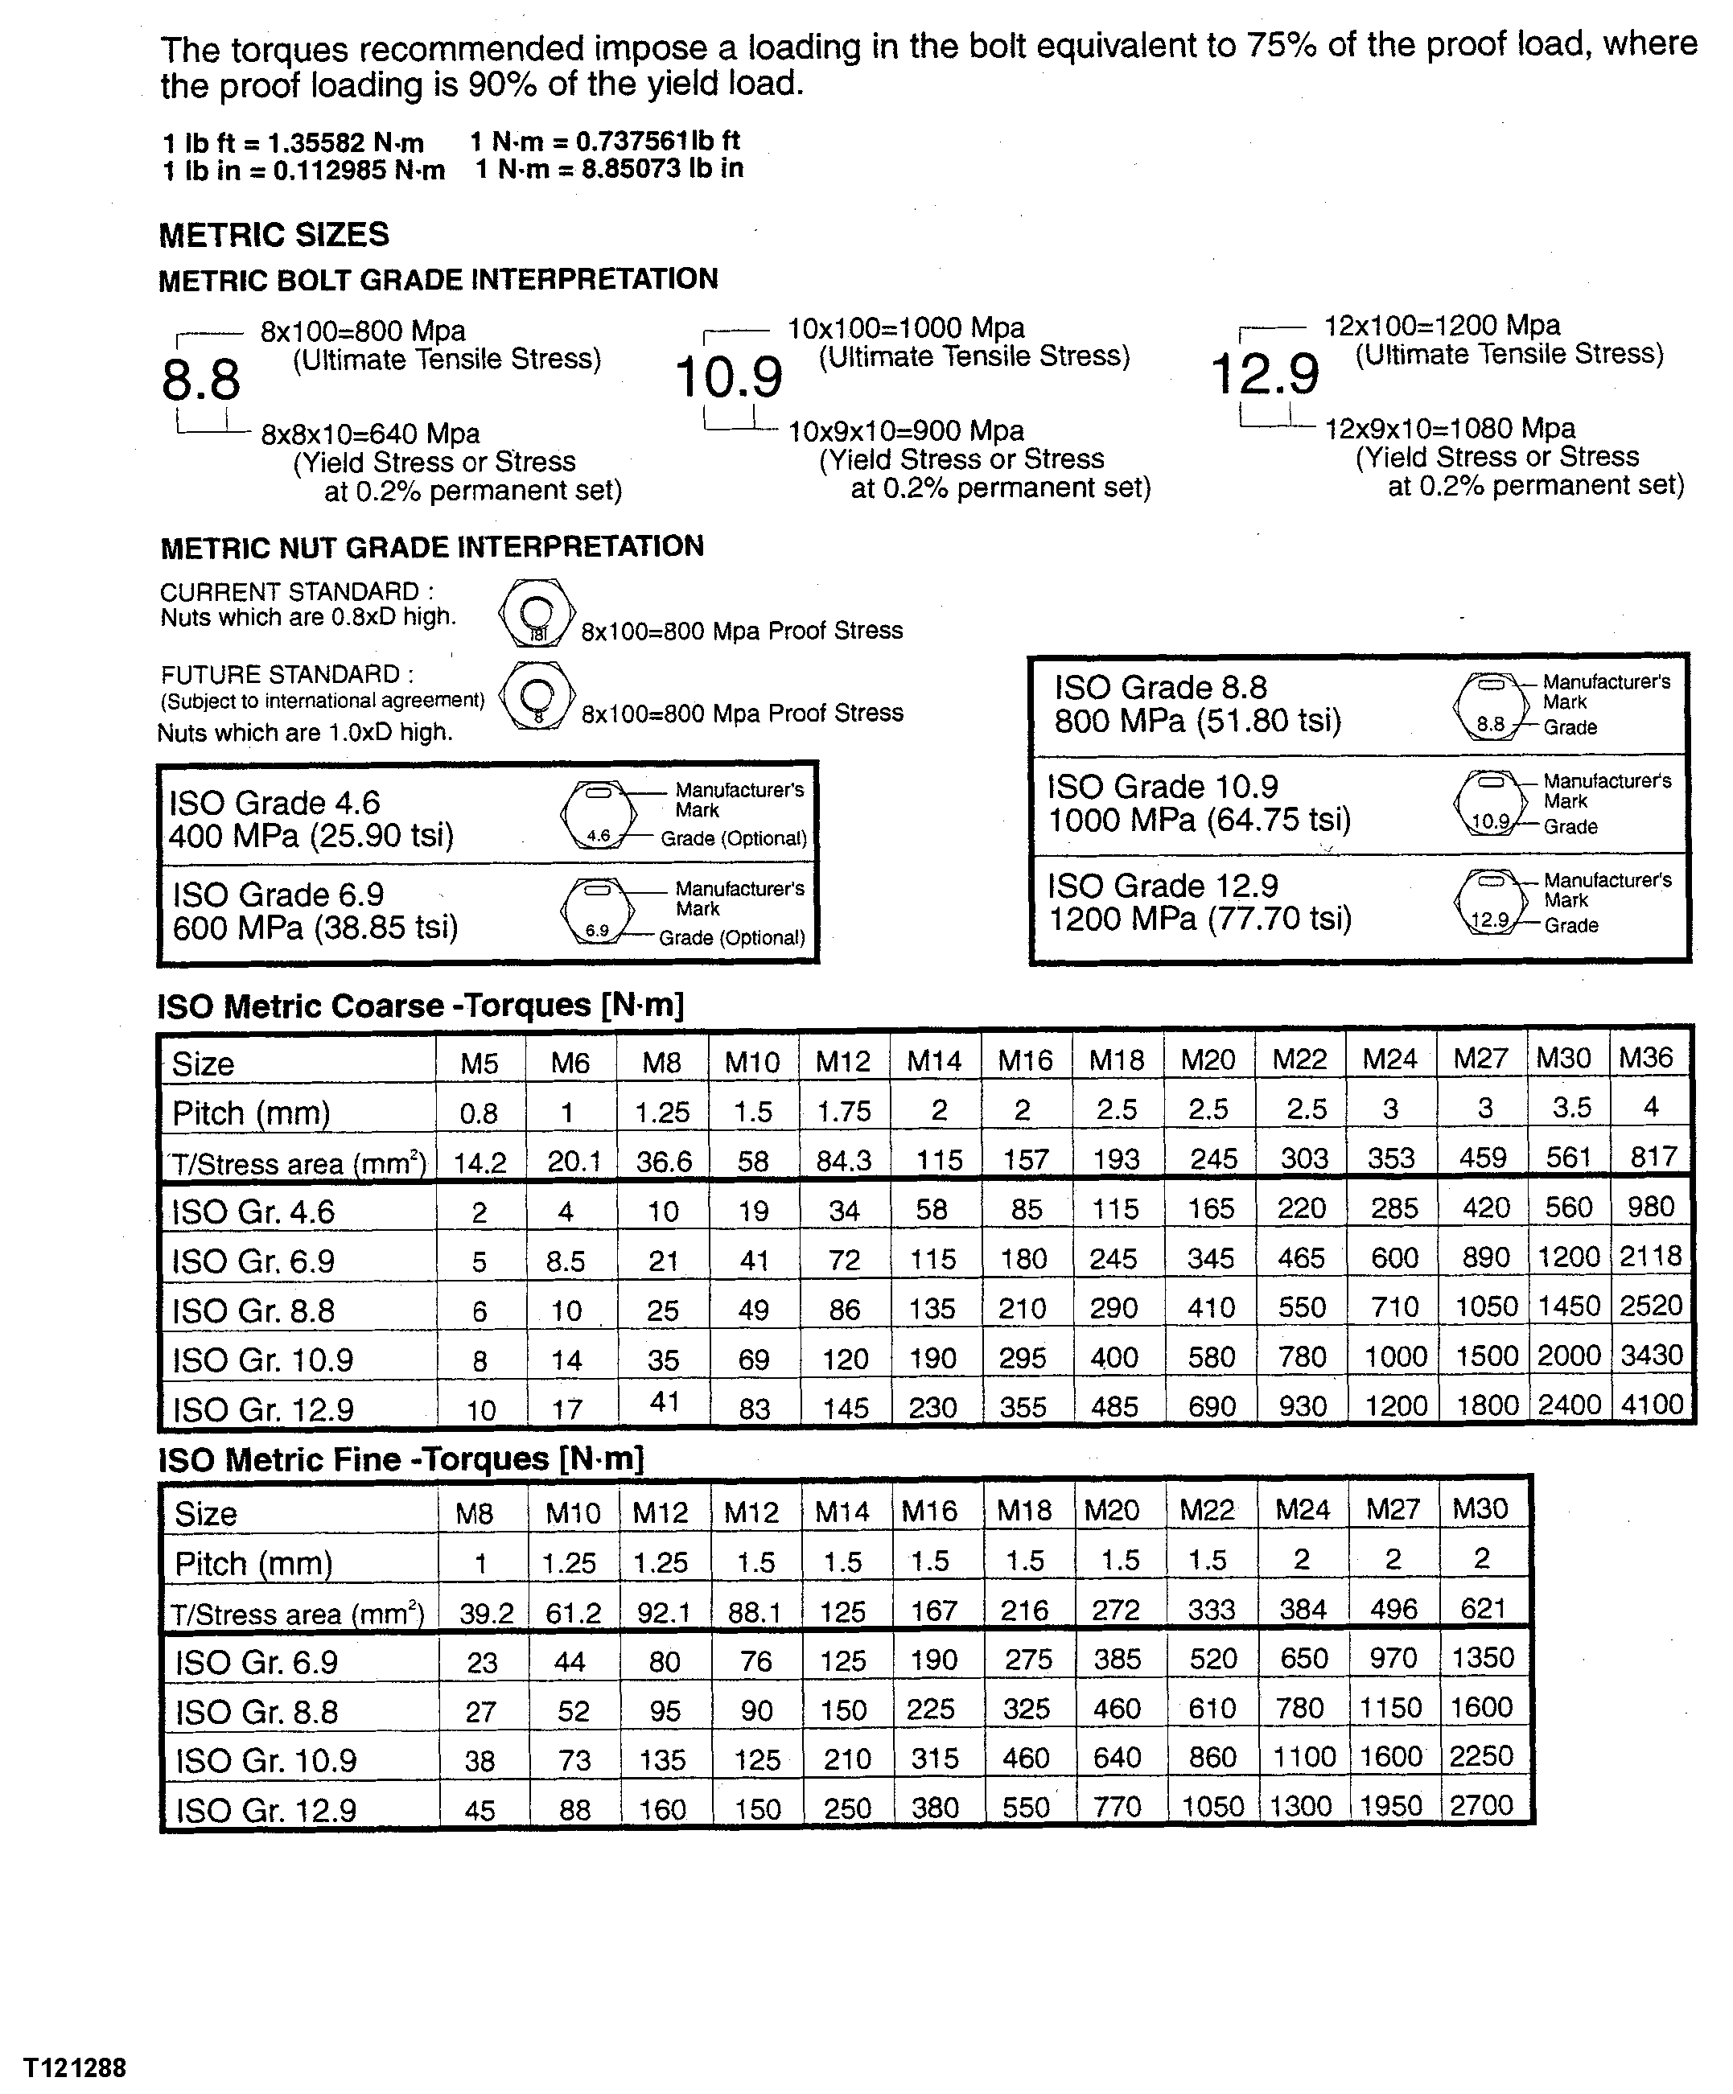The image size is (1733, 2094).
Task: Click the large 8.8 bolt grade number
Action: coord(201,380)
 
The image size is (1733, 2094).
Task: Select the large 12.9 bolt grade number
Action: coord(1265,375)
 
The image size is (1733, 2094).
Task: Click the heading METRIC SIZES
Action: coord(274,236)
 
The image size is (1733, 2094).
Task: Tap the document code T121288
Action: coord(76,2069)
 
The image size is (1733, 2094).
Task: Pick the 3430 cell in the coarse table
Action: coord(1651,1356)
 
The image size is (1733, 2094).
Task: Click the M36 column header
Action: coord(1645,1057)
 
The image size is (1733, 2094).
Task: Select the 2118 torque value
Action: coord(1650,1257)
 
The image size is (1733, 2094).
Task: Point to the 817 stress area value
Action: coord(1653,1157)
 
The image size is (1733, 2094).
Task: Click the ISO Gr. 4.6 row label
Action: coord(253,1212)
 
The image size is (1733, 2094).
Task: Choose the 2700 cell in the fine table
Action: coord(1482,1805)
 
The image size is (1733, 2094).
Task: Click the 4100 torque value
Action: coord(1651,1405)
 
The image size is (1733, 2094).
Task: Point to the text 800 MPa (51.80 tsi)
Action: coord(1197,721)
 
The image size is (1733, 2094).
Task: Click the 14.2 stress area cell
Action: coord(480,1162)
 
